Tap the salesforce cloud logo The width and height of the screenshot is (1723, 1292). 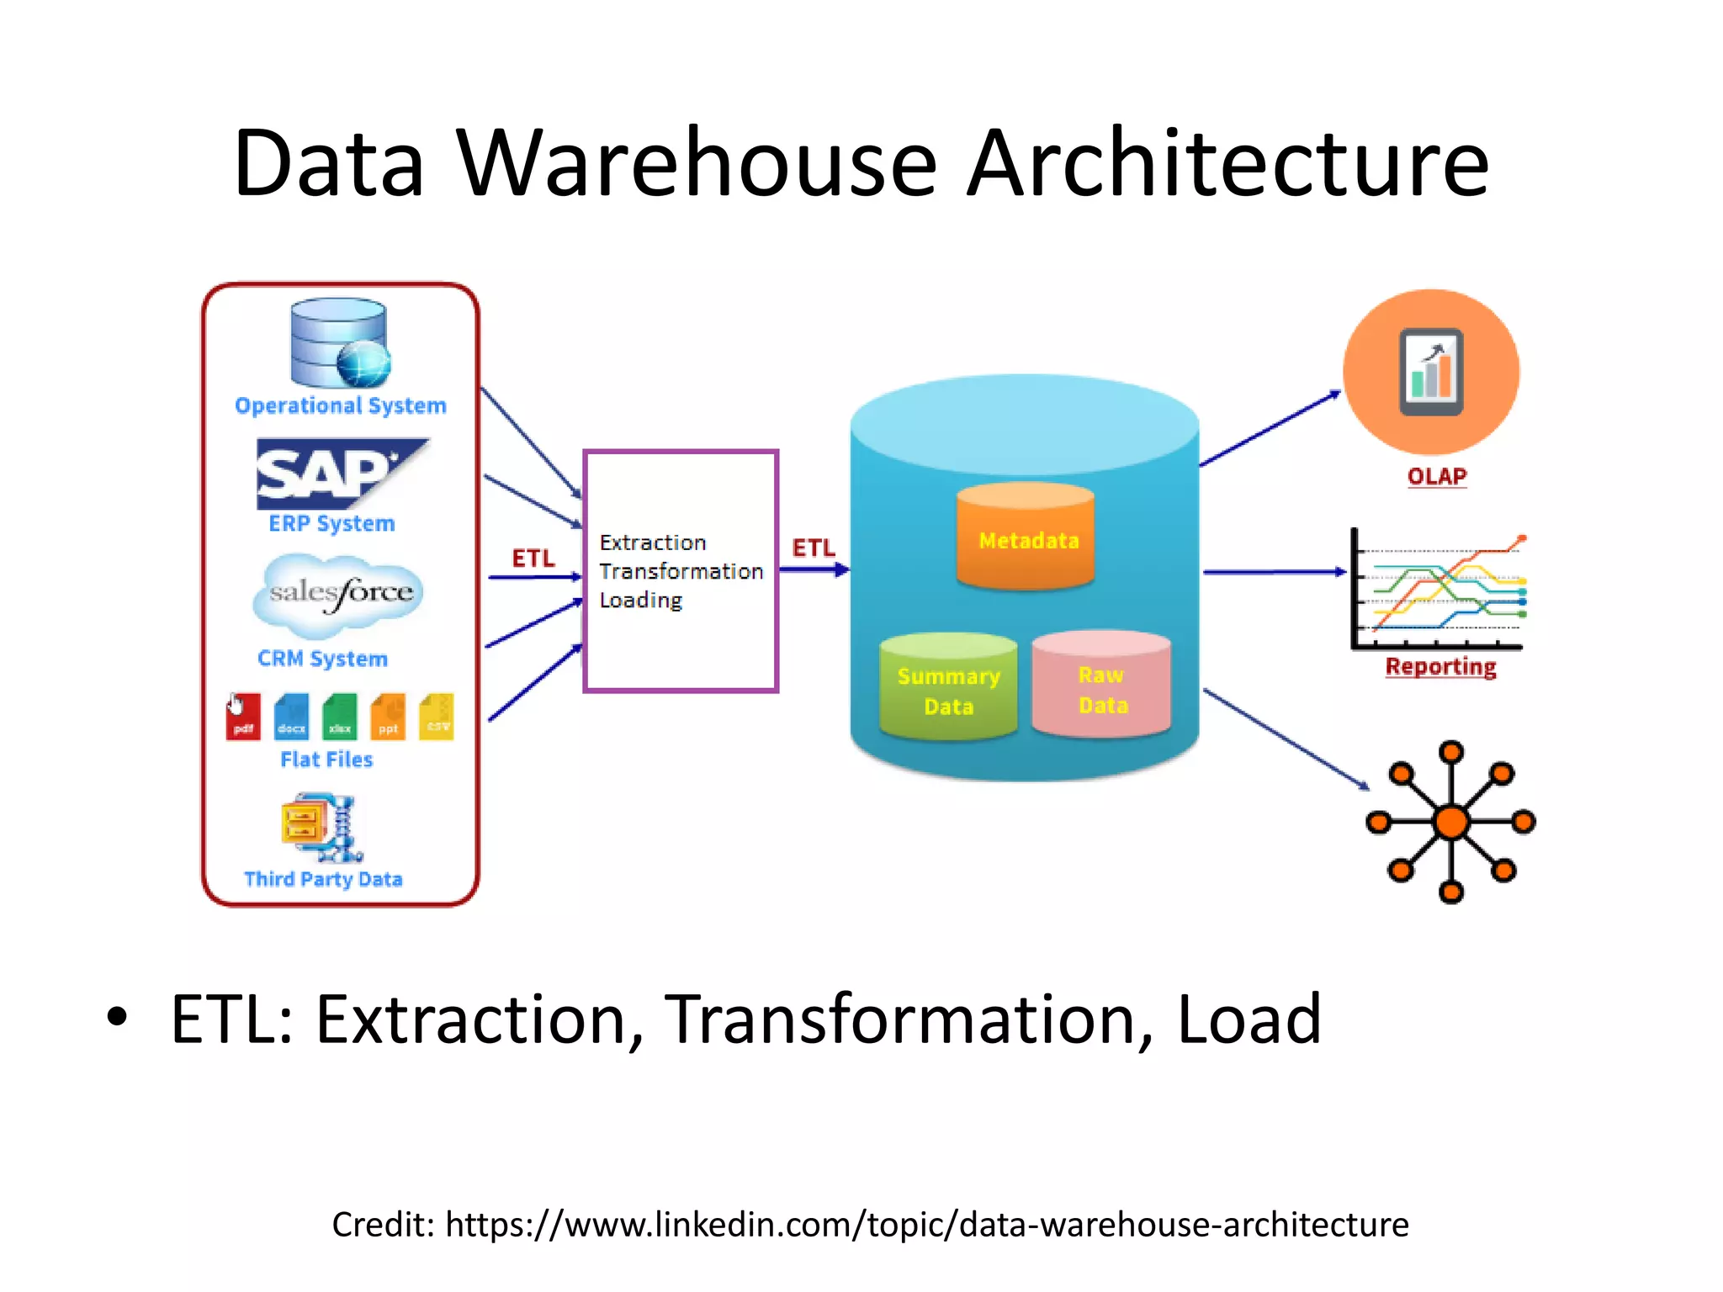coord(339,593)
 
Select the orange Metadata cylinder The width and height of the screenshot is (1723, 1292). coord(1026,538)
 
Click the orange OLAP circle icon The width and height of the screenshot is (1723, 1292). coord(1431,372)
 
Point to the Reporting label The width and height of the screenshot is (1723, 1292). coord(1440,667)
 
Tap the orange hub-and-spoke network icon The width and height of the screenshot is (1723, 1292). coord(1450,822)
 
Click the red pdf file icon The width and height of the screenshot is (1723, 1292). coord(243,717)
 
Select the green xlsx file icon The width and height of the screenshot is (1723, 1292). coord(340,717)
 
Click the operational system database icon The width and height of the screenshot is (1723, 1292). coord(339,342)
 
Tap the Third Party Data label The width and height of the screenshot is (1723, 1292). coord(323,879)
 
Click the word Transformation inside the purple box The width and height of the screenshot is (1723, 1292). coord(681,571)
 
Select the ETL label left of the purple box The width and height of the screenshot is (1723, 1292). coord(533,558)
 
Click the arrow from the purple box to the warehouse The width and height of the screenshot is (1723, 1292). coord(813,570)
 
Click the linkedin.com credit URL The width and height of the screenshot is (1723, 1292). coord(925,1225)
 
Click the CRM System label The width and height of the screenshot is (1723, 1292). coord(323,659)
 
